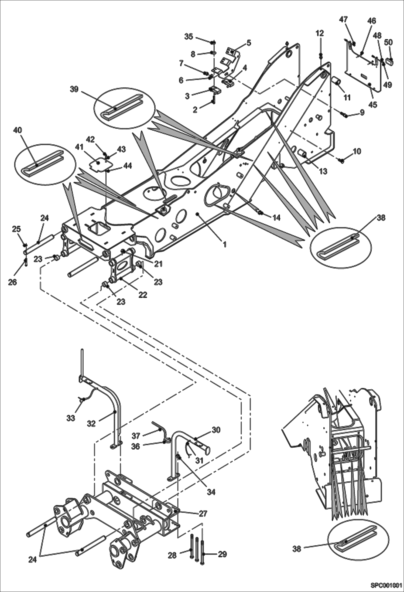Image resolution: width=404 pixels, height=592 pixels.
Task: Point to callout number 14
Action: pos(276,217)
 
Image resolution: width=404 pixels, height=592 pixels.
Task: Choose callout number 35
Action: pos(189,36)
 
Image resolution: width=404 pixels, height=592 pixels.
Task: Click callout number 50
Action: pos(388,42)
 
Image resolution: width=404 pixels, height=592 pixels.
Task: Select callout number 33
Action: pos(71,418)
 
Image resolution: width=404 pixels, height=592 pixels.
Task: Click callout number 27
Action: pos(203,513)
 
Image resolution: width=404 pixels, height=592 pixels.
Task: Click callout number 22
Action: pos(143,295)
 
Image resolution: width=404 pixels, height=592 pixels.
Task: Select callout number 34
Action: pos(211,492)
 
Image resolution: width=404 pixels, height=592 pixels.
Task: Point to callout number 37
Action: pos(136,436)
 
